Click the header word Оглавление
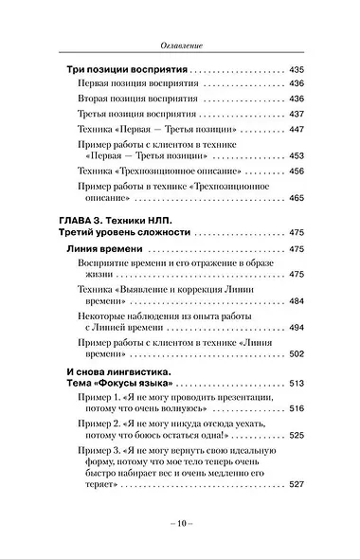[x=180, y=45]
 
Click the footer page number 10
[x=180, y=523]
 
